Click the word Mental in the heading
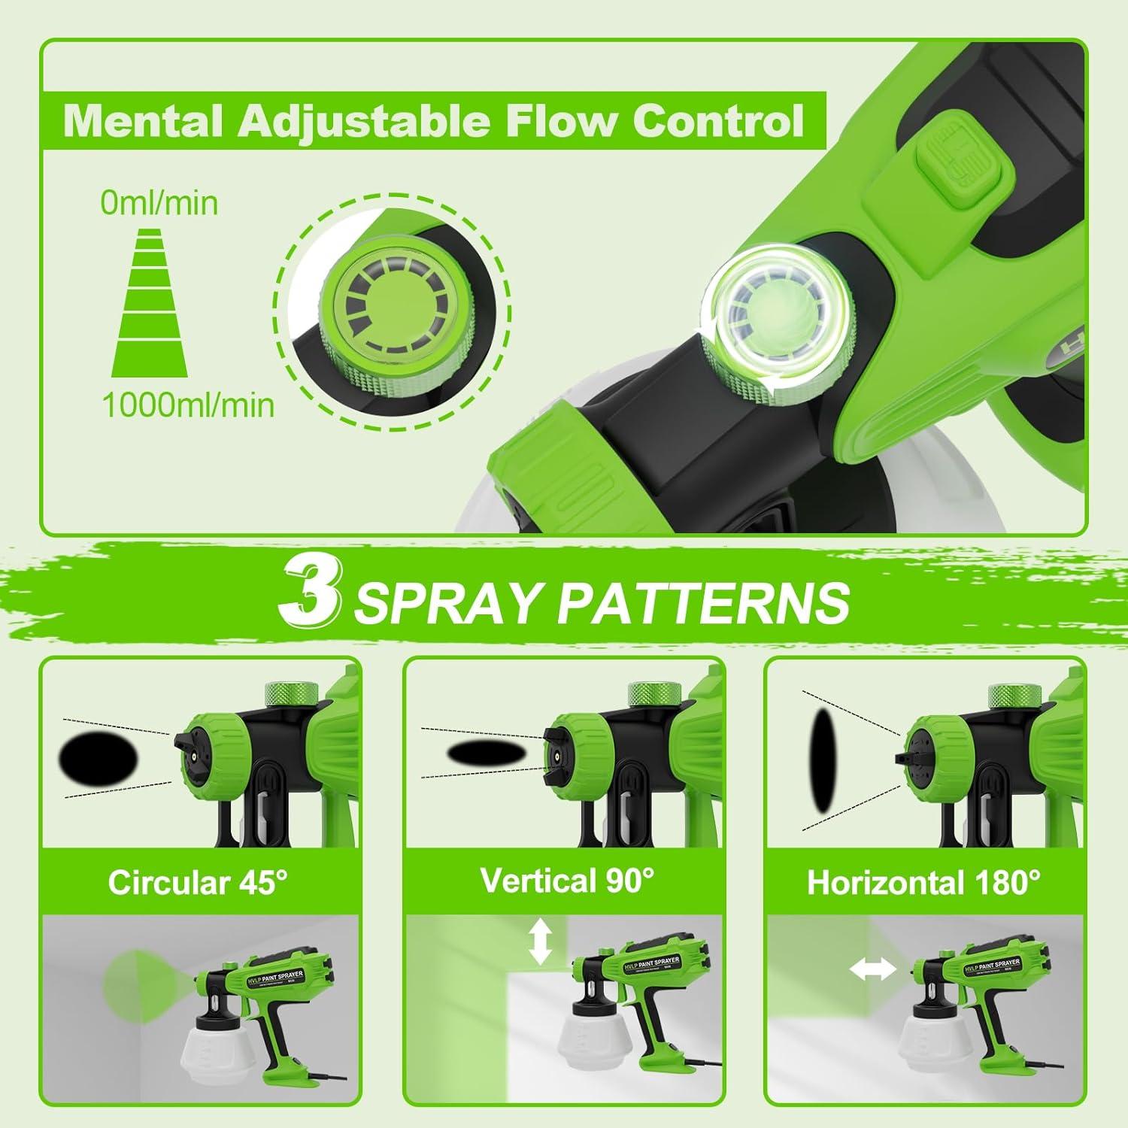click(x=142, y=120)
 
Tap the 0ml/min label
click(x=159, y=203)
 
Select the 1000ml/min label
click(x=188, y=405)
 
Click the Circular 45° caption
click(x=198, y=882)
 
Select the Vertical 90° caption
click(x=567, y=879)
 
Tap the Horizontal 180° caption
click(x=923, y=882)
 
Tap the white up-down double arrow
click(x=540, y=944)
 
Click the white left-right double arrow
click(x=872, y=970)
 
